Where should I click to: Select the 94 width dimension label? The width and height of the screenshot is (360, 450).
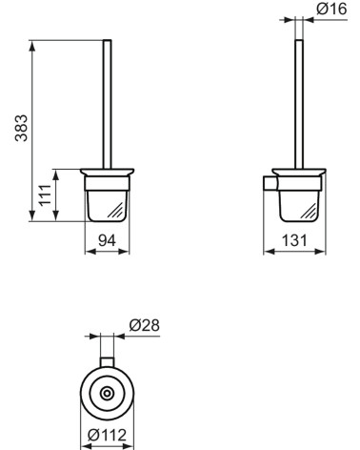point(108,241)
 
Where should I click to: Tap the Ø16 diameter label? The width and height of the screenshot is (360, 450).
point(330,10)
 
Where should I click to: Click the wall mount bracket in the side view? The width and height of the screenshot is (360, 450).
point(269,181)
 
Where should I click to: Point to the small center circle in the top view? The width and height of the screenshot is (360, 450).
point(107,393)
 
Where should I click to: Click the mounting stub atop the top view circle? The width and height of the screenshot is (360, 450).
point(107,361)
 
